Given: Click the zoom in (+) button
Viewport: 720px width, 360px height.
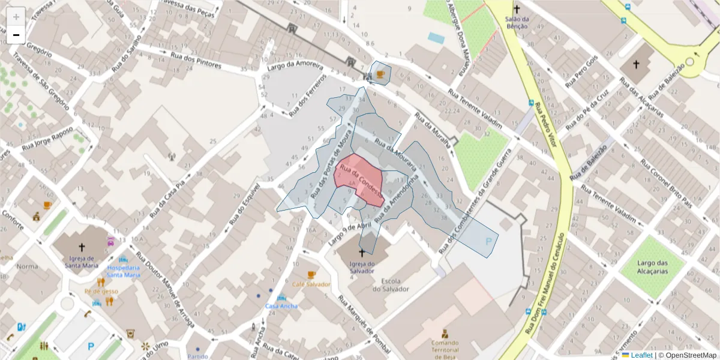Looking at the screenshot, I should pyautogui.click(x=16, y=16).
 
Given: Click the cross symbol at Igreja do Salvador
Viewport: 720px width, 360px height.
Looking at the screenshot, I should pyautogui.click(x=362, y=254).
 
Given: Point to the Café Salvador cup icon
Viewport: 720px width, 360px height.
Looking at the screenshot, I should pyautogui.click(x=311, y=275).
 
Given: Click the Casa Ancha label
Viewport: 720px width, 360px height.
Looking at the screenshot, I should pyautogui.click(x=281, y=306).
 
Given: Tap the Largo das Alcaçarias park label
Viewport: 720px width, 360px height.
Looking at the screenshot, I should pyautogui.click(x=653, y=266).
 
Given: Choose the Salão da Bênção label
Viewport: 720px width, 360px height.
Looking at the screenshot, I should pyautogui.click(x=516, y=23).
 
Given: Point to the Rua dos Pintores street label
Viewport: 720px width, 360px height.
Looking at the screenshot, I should pyautogui.click(x=196, y=60).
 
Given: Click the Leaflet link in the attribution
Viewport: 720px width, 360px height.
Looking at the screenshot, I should pyautogui.click(x=641, y=355).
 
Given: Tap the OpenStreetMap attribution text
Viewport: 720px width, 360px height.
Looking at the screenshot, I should pyautogui.click(x=687, y=355).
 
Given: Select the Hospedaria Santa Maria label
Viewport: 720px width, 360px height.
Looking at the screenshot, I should pyautogui.click(x=124, y=271).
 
